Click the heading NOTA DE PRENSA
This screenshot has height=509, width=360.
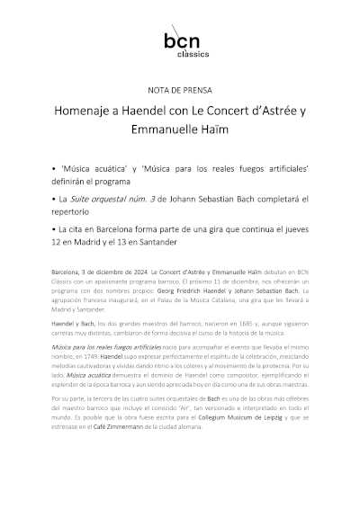[x=179, y=91]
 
